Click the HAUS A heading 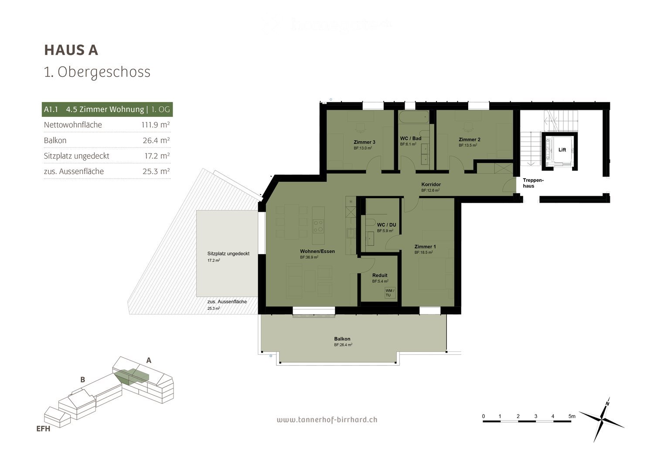pos(71,50)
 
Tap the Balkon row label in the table pos(55,140)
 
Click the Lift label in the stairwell pos(562,149)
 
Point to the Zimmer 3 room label pos(364,142)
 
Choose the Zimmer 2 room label pos(469,139)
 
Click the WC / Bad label pos(411,139)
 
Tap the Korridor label pos(431,184)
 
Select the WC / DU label pos(386,225)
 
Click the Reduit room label pos(380,275)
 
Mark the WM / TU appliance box pos(390,293)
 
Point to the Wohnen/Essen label pos(317,251)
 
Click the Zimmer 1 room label pos(425,247)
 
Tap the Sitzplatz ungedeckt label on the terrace pos(228,254)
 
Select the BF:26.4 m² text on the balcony pos(343,345)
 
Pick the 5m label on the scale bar pos(572,416)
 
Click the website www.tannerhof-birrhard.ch pos(327,420)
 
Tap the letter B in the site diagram pos(82,380)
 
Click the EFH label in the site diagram pos(43,429)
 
